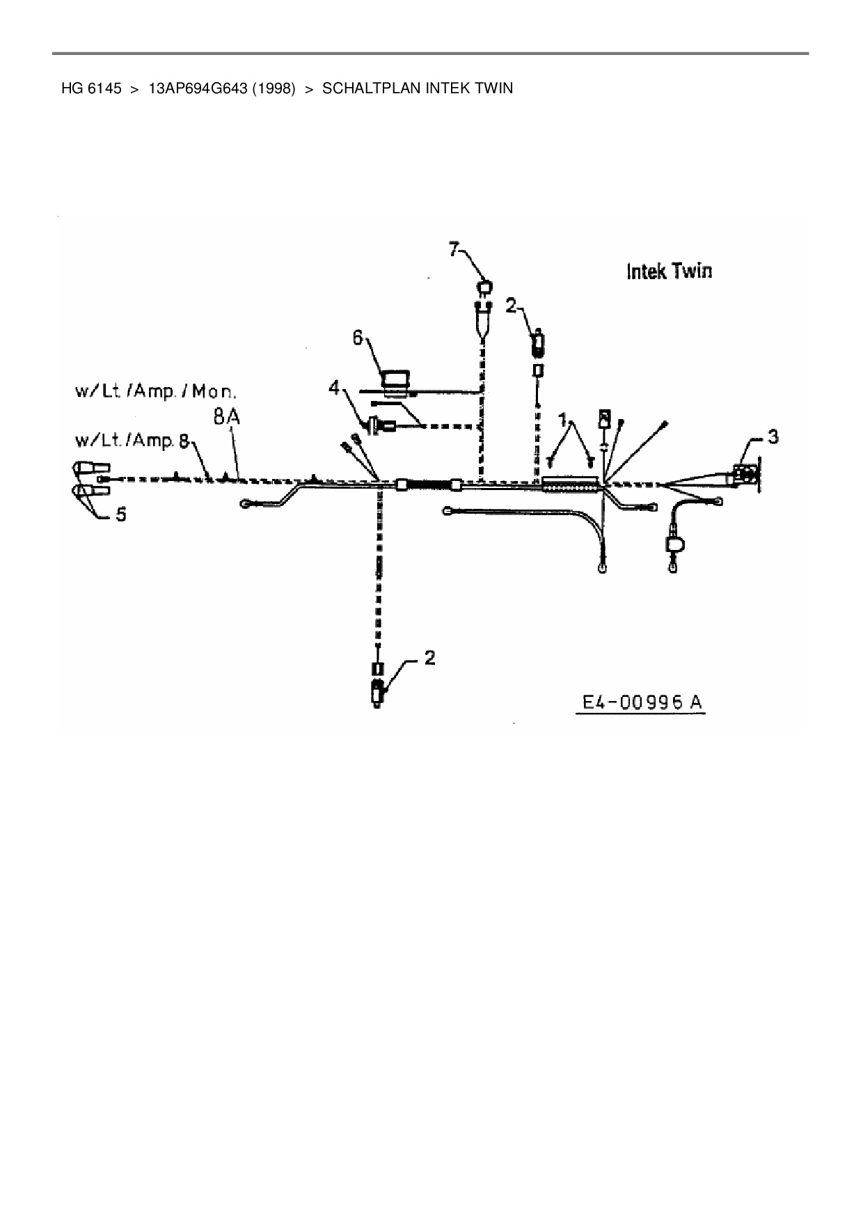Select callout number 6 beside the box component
(x=358, y=338)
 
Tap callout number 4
(x=335, y=387)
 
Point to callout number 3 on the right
(x=773, y=437)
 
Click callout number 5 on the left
(x=120, y=514)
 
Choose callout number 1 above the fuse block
(x=562, y=420)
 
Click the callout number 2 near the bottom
(x=429, y=657)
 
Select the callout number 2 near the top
(x=511, y=305)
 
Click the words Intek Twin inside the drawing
(x=669, y=271)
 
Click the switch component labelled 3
(x=745, y=476)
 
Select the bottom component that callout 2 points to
(x=378, y=693)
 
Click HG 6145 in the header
(x=91, y=88)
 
